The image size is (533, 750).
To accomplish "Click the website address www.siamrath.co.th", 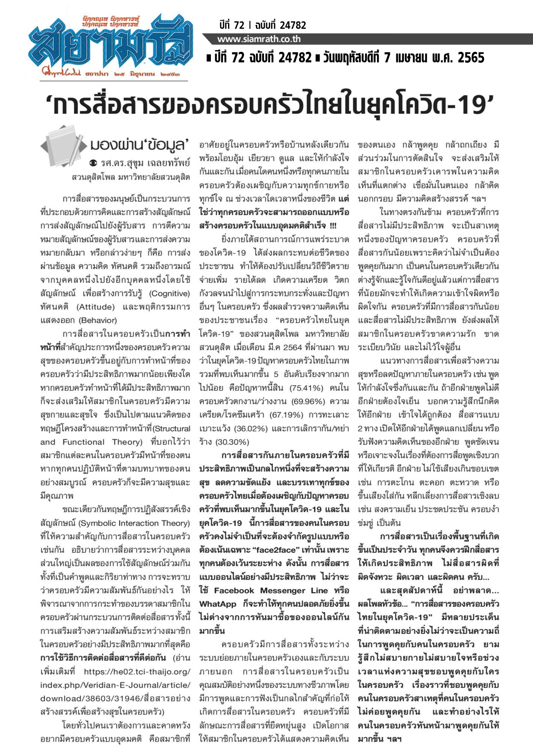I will point(259,39).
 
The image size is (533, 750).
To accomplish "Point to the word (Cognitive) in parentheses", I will point(170,294).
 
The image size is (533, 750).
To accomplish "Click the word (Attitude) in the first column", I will point(95,307).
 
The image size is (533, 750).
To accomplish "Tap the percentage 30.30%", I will point(232,442).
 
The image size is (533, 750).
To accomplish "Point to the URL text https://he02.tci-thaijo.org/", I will point(137,672).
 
